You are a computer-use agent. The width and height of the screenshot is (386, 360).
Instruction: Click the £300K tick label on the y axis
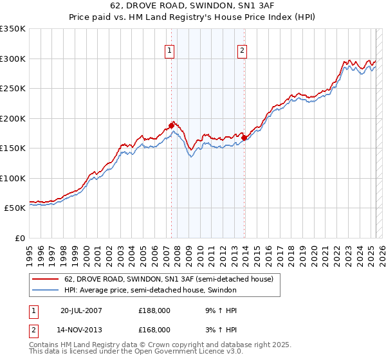coord(13,59)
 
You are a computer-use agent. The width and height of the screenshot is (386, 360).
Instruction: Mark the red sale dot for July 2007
coord(172,125)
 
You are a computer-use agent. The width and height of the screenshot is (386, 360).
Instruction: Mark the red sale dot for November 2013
coord(244,137)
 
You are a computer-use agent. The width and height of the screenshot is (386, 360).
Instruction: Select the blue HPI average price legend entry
coord(150,291)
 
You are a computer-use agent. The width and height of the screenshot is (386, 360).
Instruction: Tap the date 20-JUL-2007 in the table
coord(81,310)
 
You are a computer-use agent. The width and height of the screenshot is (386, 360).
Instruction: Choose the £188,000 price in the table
coord(154,310)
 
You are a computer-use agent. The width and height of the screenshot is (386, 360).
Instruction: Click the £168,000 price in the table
coord(154,329)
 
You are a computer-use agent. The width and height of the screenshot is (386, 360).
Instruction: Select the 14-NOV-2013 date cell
coord(81,329)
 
